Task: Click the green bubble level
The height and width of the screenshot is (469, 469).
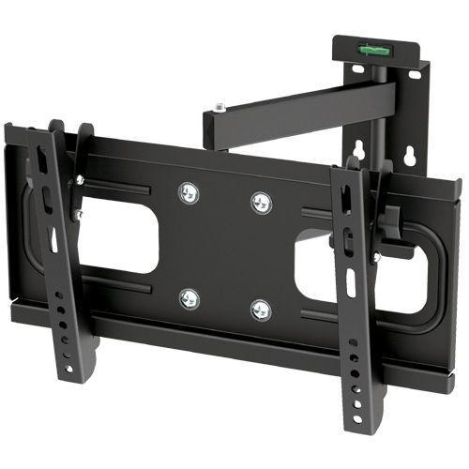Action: pos(370,42)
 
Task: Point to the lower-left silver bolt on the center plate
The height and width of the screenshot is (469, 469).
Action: pos(190,299)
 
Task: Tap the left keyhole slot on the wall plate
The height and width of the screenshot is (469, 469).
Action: pos(358,149)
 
